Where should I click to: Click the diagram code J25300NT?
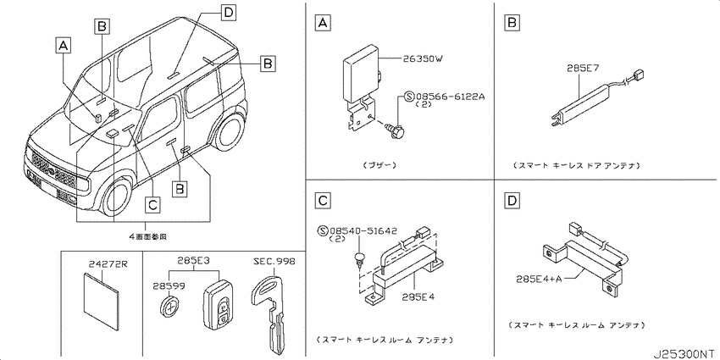[x=682, y=351]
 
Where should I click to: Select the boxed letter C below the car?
[x=151, y=203]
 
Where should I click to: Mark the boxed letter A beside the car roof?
[x=63, y=44]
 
